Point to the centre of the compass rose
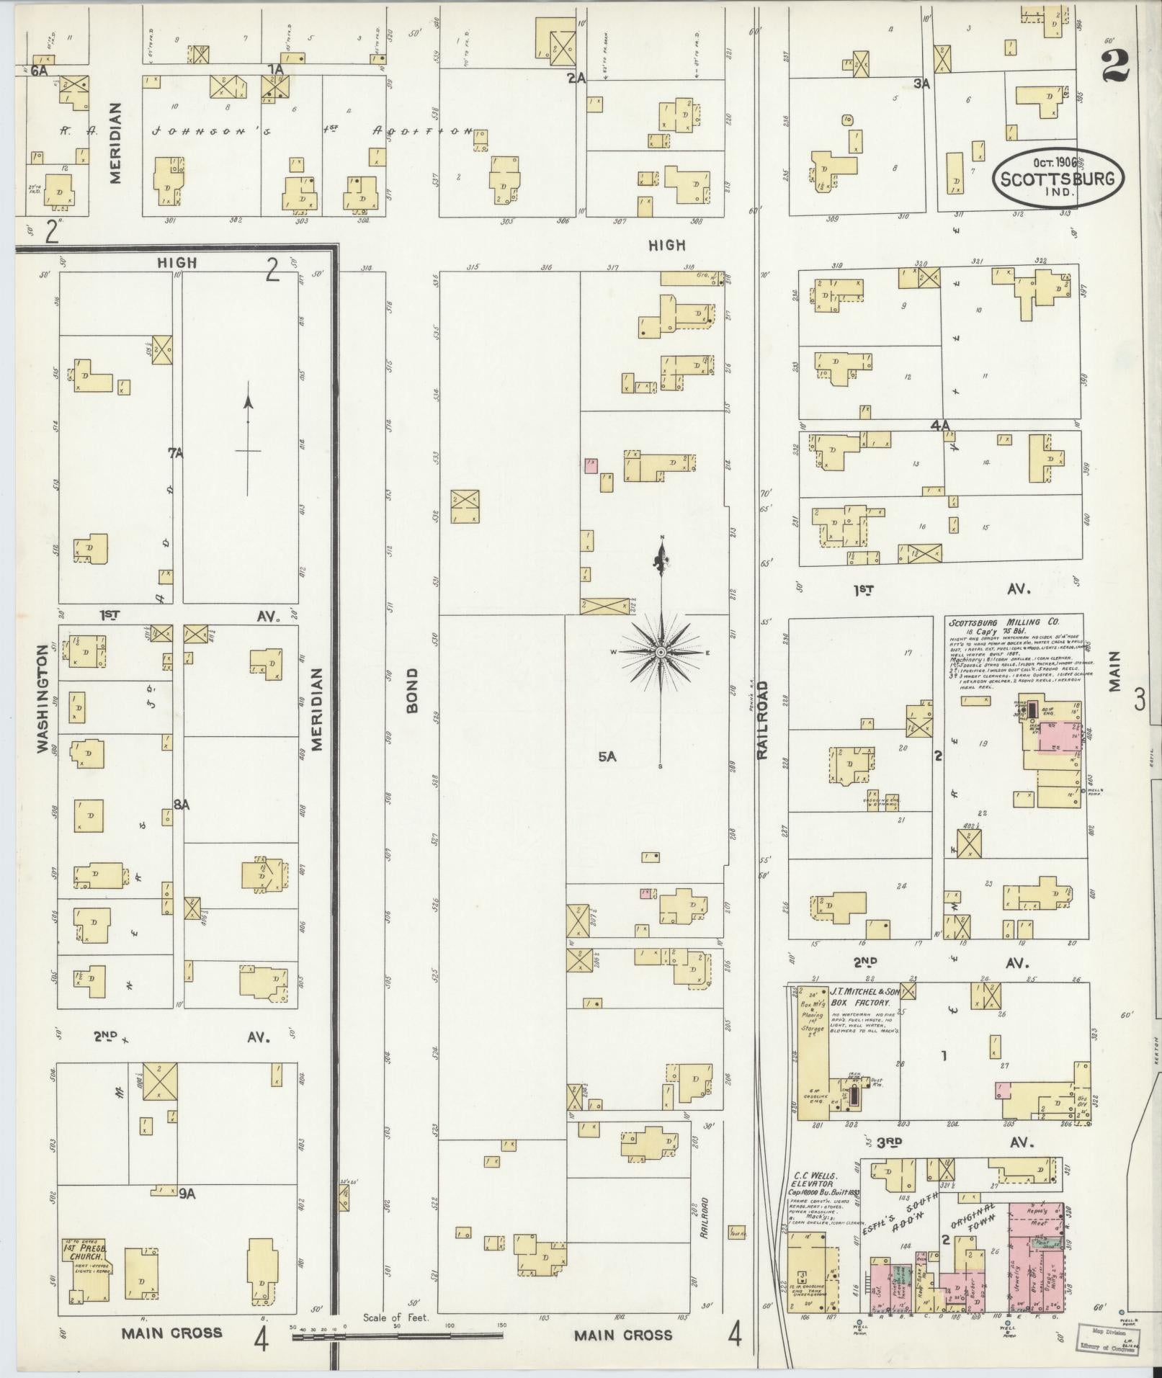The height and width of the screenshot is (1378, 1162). click(660, 652)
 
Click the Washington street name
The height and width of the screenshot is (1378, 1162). click(44, 698)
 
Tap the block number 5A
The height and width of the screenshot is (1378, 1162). click(608, 756)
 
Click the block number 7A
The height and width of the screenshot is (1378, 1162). click(176, 452)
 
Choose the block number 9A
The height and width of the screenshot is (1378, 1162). click(187, 1194)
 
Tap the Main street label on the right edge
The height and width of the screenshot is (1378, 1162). click(1115, 671)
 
